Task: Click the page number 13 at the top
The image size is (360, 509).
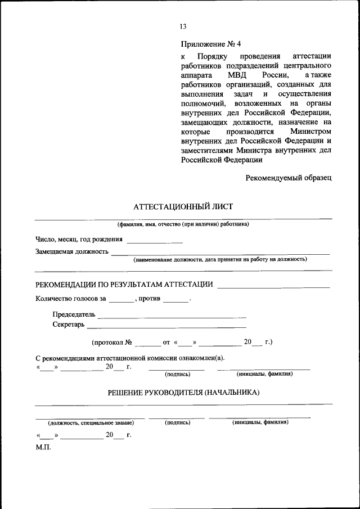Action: coord(183,26)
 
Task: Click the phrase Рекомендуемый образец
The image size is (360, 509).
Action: coord(288,178)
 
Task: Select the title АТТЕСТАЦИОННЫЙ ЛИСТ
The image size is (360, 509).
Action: coord(183,206)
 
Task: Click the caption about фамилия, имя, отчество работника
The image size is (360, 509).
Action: coord(183,224)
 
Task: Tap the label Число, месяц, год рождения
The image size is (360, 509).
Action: coord(79,239)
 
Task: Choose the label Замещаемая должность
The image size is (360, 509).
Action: coord(71,251)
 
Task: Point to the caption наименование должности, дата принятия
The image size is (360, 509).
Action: coord(220,260)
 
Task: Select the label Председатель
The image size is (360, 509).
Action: coord(74,314)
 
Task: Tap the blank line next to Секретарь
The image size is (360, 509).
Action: coord(166,327)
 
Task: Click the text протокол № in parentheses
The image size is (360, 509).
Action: coord(111,341)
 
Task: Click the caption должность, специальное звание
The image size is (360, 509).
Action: coord(91,422)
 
